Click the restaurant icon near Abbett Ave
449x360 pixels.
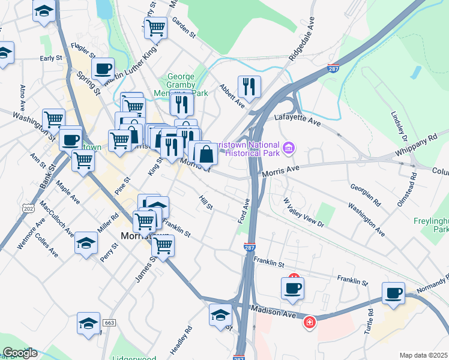pyautogui.click(x=248, y=86)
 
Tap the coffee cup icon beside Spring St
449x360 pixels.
pyautogui.click(x=103, y=68)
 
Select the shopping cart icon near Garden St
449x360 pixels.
pyautogui.click(x=156, y=27)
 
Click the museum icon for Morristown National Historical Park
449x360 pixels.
pyautogui.click(x=289, y=147)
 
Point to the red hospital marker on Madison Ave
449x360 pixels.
pyautogui.click(x=309, y=323)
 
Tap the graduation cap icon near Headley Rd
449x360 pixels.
pyautogui.click(x=220, y=314)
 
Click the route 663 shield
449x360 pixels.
pyautogui.click(x=109, y=323)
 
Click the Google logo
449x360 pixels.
pyautogui.click(x=20, y=353)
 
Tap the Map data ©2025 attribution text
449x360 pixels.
pyautogui.click(x=423, y=355)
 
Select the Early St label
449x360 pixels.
pyautogui.click(x=51, y=58)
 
